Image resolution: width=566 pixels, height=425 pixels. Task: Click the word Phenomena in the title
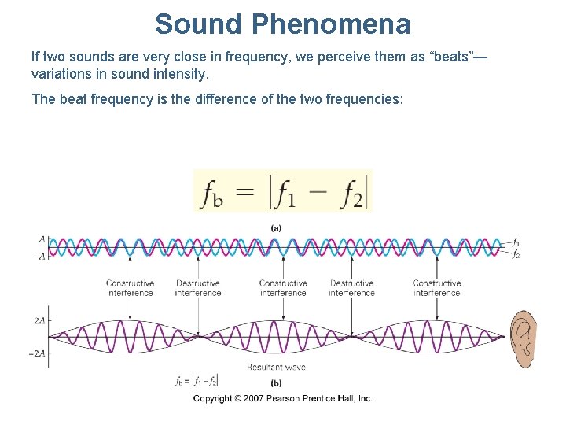point(331,24)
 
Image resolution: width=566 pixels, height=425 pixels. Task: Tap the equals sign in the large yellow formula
point(247,191)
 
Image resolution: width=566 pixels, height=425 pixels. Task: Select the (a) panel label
point(277,227)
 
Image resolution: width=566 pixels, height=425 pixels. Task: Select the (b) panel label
point(277,383)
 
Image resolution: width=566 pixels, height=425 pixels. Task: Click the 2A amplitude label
point(38,321)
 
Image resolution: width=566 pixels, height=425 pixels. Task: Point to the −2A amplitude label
point(36,353)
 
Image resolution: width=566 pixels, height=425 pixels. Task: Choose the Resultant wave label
point(276,367)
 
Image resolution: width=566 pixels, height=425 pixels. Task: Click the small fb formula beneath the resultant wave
point(196,381)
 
